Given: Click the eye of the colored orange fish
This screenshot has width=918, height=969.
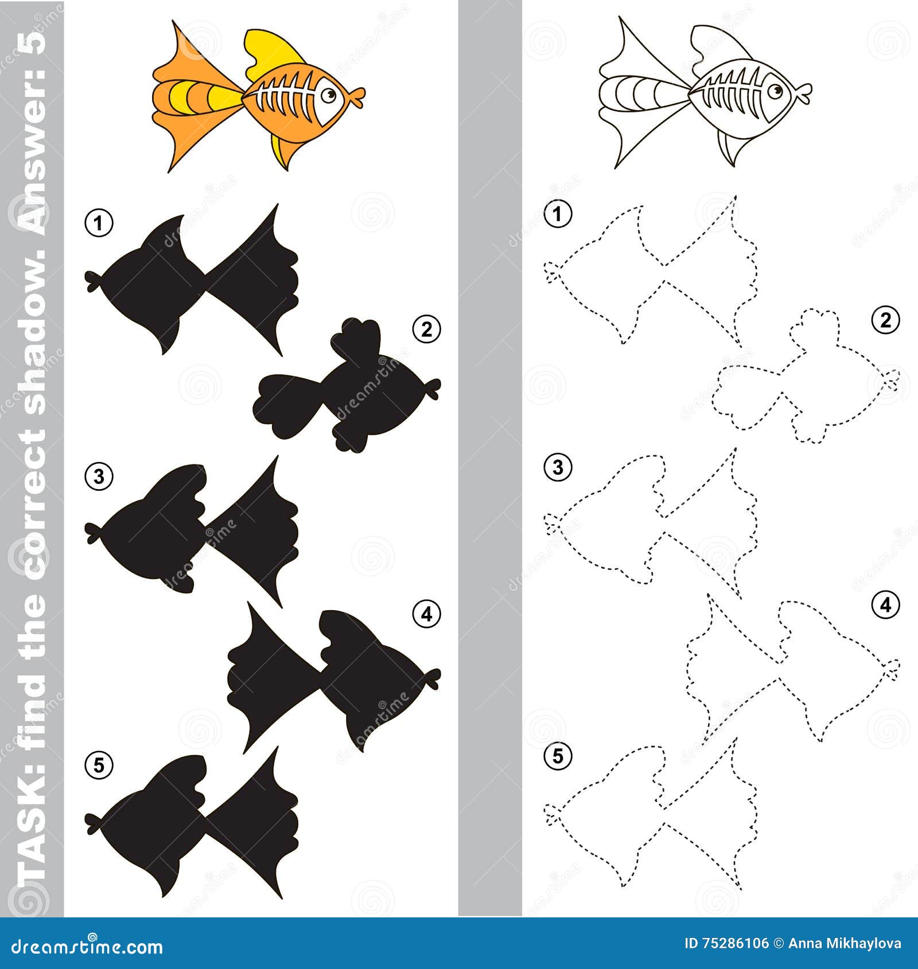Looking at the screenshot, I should tap(329, 95).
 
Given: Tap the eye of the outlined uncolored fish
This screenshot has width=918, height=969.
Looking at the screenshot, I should tap(775, 91).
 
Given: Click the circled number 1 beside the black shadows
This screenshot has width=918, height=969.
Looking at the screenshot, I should tap(99, 223).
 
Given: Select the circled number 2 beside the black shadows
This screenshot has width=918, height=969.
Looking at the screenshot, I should tap(426, 330).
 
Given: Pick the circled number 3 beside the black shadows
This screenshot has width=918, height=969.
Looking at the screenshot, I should tap(99, 476).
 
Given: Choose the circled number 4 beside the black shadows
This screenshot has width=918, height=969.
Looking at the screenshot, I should tap(426, 614).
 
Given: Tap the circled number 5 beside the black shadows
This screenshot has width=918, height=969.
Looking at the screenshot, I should tap(99, 765).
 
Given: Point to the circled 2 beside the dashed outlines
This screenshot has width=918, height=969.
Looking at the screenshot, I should tap(885, 320).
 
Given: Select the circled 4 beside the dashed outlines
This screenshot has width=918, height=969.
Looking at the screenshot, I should tap(885, 604).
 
